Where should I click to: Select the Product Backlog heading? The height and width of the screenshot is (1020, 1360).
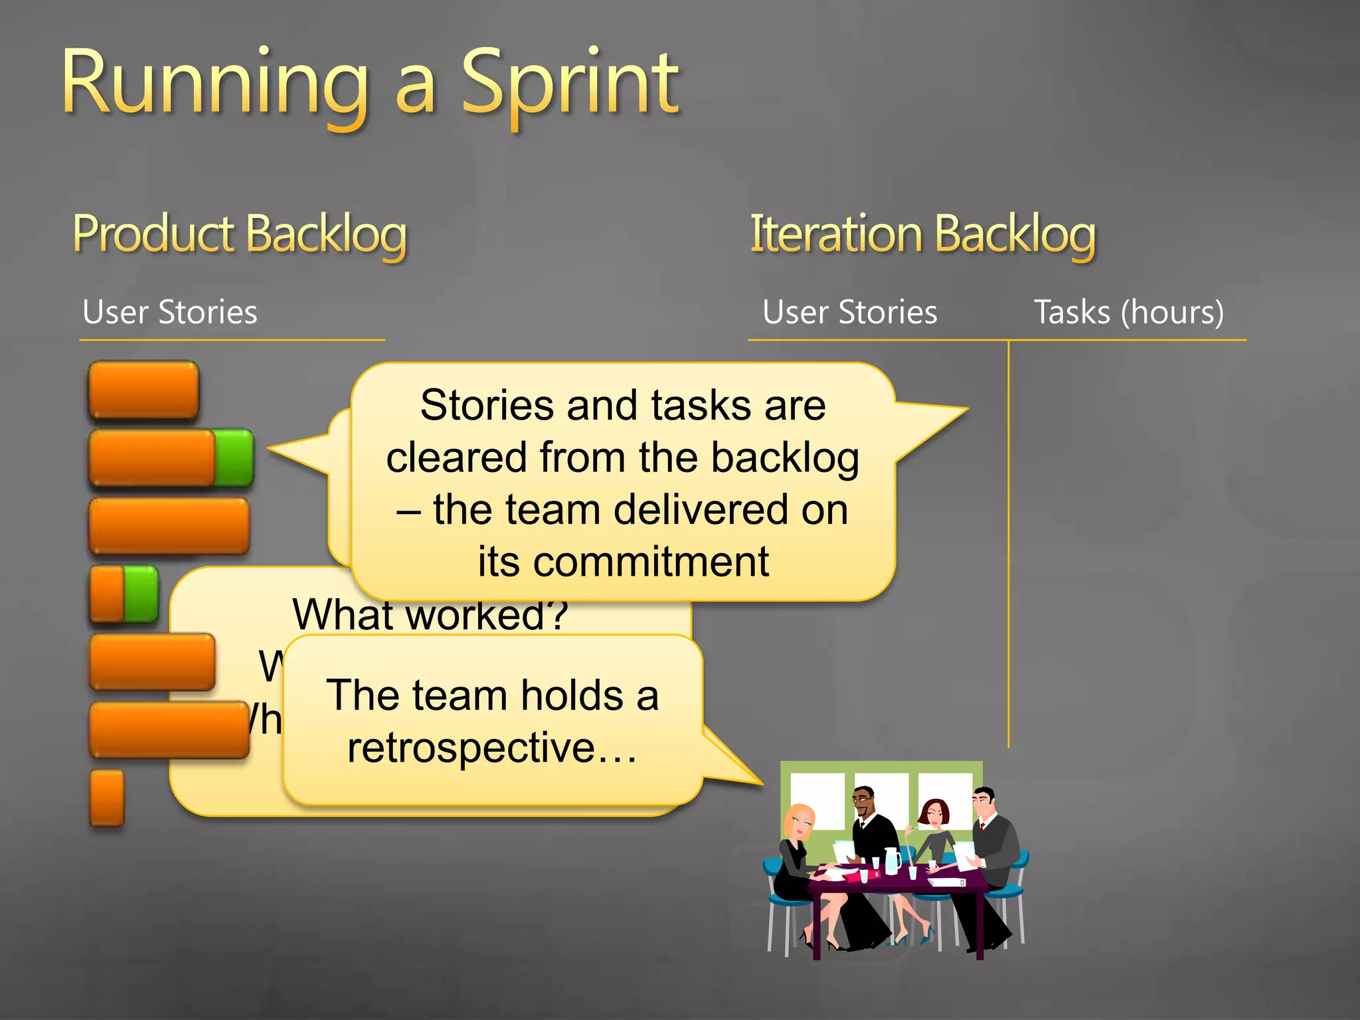coord(239,234)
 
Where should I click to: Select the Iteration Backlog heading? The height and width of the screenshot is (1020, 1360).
coord(922,234)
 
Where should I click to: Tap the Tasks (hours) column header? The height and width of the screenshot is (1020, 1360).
coord(1128,312)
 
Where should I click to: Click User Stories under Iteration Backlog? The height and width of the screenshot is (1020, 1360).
coord(849,312)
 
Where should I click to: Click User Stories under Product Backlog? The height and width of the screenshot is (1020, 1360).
coord(169,312)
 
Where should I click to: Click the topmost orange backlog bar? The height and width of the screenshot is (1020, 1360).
coord(143,390)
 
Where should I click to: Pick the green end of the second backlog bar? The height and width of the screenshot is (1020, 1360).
coord(234,458)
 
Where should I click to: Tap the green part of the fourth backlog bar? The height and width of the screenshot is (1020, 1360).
coord(141,594)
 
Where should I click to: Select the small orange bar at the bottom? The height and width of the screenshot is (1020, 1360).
coord(107,798)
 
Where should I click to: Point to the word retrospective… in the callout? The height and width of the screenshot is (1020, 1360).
coord(491,748)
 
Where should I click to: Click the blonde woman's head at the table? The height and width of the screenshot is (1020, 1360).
coord(799,821)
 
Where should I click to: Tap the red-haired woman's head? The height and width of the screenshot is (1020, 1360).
coord(935,813)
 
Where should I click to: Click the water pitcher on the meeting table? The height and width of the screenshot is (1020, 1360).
coord(892,861)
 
